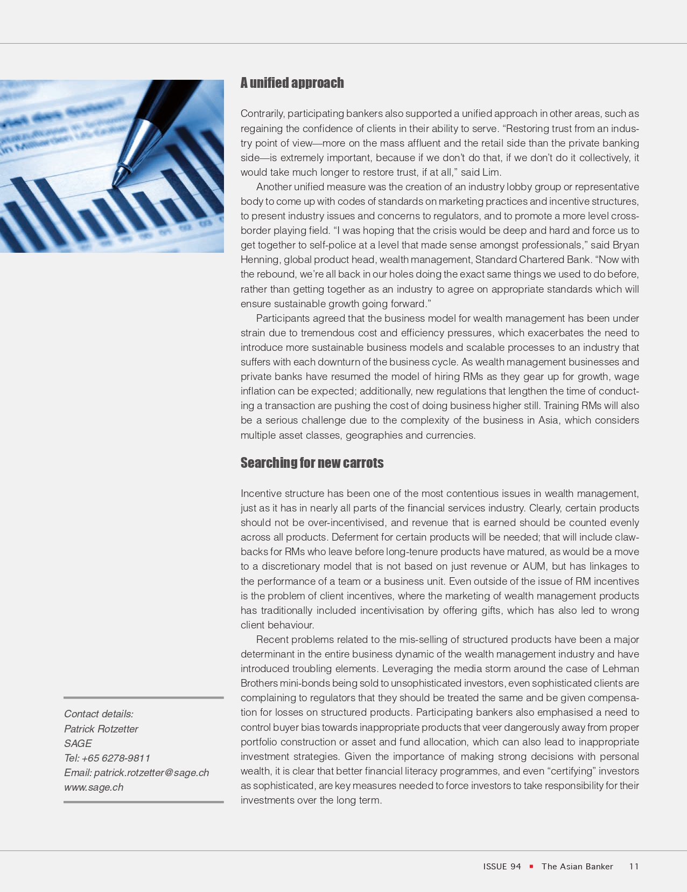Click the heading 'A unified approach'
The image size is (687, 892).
[292, 83]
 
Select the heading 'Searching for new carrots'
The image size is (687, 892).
[312, 463]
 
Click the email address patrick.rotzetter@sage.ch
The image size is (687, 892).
[151, 772]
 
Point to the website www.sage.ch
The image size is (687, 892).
[94, 787]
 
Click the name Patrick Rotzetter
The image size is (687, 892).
[101, 729]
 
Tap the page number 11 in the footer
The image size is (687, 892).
[634, 866]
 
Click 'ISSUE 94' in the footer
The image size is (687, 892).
[502, 866]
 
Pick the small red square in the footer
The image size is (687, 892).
[531, 866]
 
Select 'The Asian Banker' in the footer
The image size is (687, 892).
[577, 866]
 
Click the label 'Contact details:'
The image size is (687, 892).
[99, 714]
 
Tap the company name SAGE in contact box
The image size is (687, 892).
[78, 743]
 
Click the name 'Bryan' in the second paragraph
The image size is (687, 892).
[626, 245]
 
